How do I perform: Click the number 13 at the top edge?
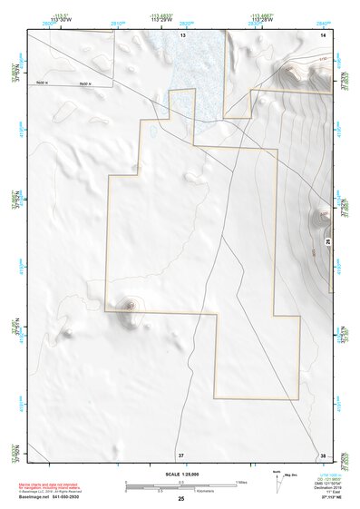[x=182, y=34]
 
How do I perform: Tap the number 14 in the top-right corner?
[x=323, y=34]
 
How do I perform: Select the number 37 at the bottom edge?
[x=181, y=454]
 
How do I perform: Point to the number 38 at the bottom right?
[x=323, y=454]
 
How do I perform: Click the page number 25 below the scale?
[x=181, y=499]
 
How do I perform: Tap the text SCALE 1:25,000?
[x=180, y=474]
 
